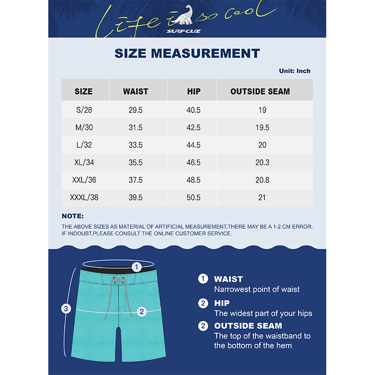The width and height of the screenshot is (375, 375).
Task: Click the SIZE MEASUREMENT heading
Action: pos(187,53)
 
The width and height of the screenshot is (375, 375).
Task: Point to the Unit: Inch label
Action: pos(294,71)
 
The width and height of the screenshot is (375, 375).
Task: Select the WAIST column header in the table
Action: pos(135,91)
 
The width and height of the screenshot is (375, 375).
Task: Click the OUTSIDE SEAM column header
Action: pos(260,91)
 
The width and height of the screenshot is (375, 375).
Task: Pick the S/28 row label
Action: pos(84,110)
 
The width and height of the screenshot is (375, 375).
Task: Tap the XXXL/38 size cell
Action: pos(84,197)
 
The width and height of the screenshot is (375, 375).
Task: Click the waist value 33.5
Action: pos(135,145)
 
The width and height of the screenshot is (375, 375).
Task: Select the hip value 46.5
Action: pos(193,163)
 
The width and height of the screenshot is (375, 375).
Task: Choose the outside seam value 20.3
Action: pos(262,163)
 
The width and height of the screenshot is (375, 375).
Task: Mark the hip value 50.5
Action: pos(193,197)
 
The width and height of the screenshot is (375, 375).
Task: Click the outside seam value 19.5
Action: pos(262,127)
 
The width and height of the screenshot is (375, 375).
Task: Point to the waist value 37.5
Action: pos(135,180)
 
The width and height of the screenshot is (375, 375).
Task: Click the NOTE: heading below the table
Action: pos(73,216)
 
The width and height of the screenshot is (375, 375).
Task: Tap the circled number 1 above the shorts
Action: pos(136,267)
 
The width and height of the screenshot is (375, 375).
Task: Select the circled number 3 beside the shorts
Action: pos(67,308)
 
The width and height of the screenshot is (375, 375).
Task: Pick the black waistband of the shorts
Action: pos(94,272)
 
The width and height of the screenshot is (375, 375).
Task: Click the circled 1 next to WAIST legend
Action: pos(203,279)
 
